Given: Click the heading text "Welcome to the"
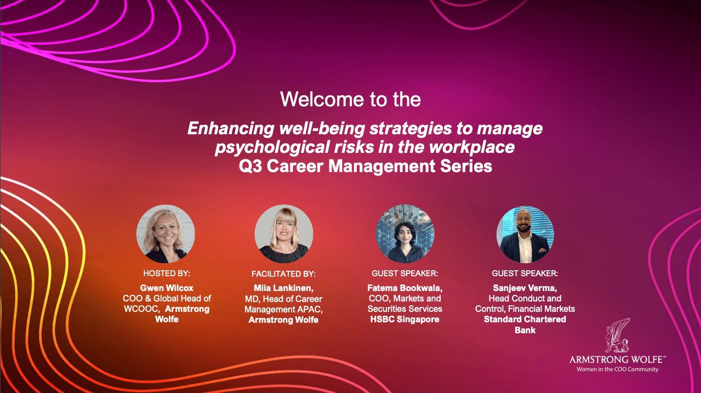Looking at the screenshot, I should pos(350,99).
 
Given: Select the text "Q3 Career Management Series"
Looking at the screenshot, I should pos(366,166).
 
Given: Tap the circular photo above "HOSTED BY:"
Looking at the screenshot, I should pos(166,234).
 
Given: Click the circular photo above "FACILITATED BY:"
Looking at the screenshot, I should pos(284,234).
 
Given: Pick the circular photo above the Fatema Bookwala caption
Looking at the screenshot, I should pos(405,234).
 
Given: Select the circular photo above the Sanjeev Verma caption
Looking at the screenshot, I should pos(525,234).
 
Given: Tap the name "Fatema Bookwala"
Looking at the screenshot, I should pos(404,288).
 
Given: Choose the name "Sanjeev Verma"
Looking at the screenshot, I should pos(525,288).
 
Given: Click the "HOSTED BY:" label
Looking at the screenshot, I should pos(167,273).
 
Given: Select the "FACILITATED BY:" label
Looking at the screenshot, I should pos(283,274).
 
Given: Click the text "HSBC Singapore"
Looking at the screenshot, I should pos(404,319).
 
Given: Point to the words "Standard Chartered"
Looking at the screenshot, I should pos(525,319).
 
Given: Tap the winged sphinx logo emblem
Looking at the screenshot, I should pos(617,335).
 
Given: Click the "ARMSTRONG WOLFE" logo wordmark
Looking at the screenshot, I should pos(617,360).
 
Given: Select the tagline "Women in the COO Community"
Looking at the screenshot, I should pos(617,369).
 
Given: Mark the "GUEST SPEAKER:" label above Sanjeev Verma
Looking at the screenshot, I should pos(525,273).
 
